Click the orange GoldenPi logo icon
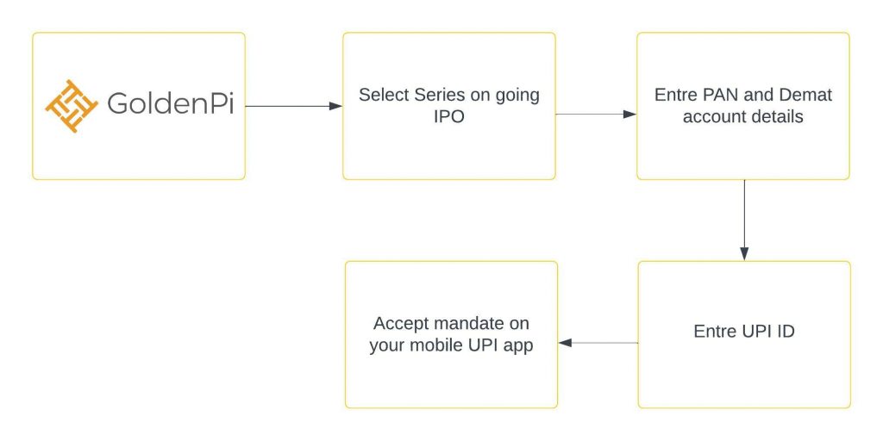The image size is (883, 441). tap(72, 106)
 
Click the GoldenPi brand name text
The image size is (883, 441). tap(170, 104)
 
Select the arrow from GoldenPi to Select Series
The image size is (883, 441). tap(294, 106)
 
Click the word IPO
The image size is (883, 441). tap(448, 117)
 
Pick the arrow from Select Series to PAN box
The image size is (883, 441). tap(596, 115)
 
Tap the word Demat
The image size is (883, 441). tap(806, 95)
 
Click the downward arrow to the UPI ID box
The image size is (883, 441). tap(744, 220)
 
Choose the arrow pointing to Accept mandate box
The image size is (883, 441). tap(598, 343)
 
